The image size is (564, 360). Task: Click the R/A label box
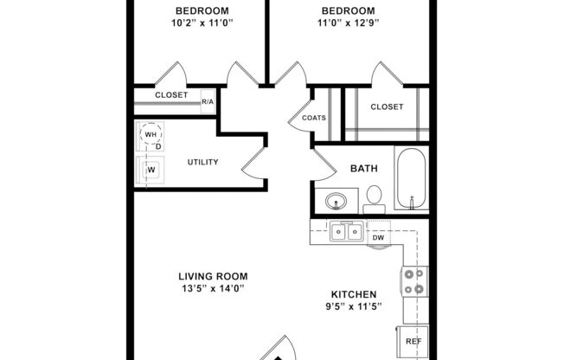coord(208,102)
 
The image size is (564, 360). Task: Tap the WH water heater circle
coord(151,135)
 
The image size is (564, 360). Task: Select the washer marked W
coord(151,170)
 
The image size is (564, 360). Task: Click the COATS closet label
coord(314,119)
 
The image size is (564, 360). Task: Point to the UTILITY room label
coord(202,162)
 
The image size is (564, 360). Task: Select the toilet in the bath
coord(374,202)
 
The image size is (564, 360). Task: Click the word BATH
coord(362,169)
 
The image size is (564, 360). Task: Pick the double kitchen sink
coord(346,232)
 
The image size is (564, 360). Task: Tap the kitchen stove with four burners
coord(413,283)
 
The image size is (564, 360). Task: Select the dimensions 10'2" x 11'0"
coord(195,23)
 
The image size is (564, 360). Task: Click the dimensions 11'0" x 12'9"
coord(343,23)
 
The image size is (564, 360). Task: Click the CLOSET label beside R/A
coord(170,95)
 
